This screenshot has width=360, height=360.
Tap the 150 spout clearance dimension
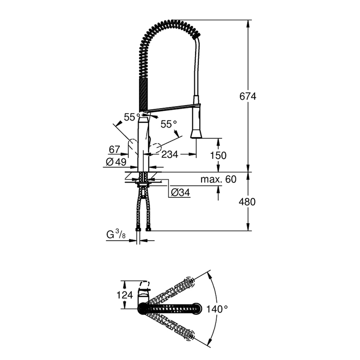click(219, 155)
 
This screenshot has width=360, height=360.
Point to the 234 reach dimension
click(170, 155)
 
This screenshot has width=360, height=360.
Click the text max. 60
click(218, 180)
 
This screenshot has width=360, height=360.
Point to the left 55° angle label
click(132, 116)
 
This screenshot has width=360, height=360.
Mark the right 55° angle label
click(169, 124)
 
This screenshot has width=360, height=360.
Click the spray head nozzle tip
click(196, 135)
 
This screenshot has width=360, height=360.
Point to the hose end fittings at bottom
click(143, 229)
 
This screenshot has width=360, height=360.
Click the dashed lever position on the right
click(156, 148)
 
